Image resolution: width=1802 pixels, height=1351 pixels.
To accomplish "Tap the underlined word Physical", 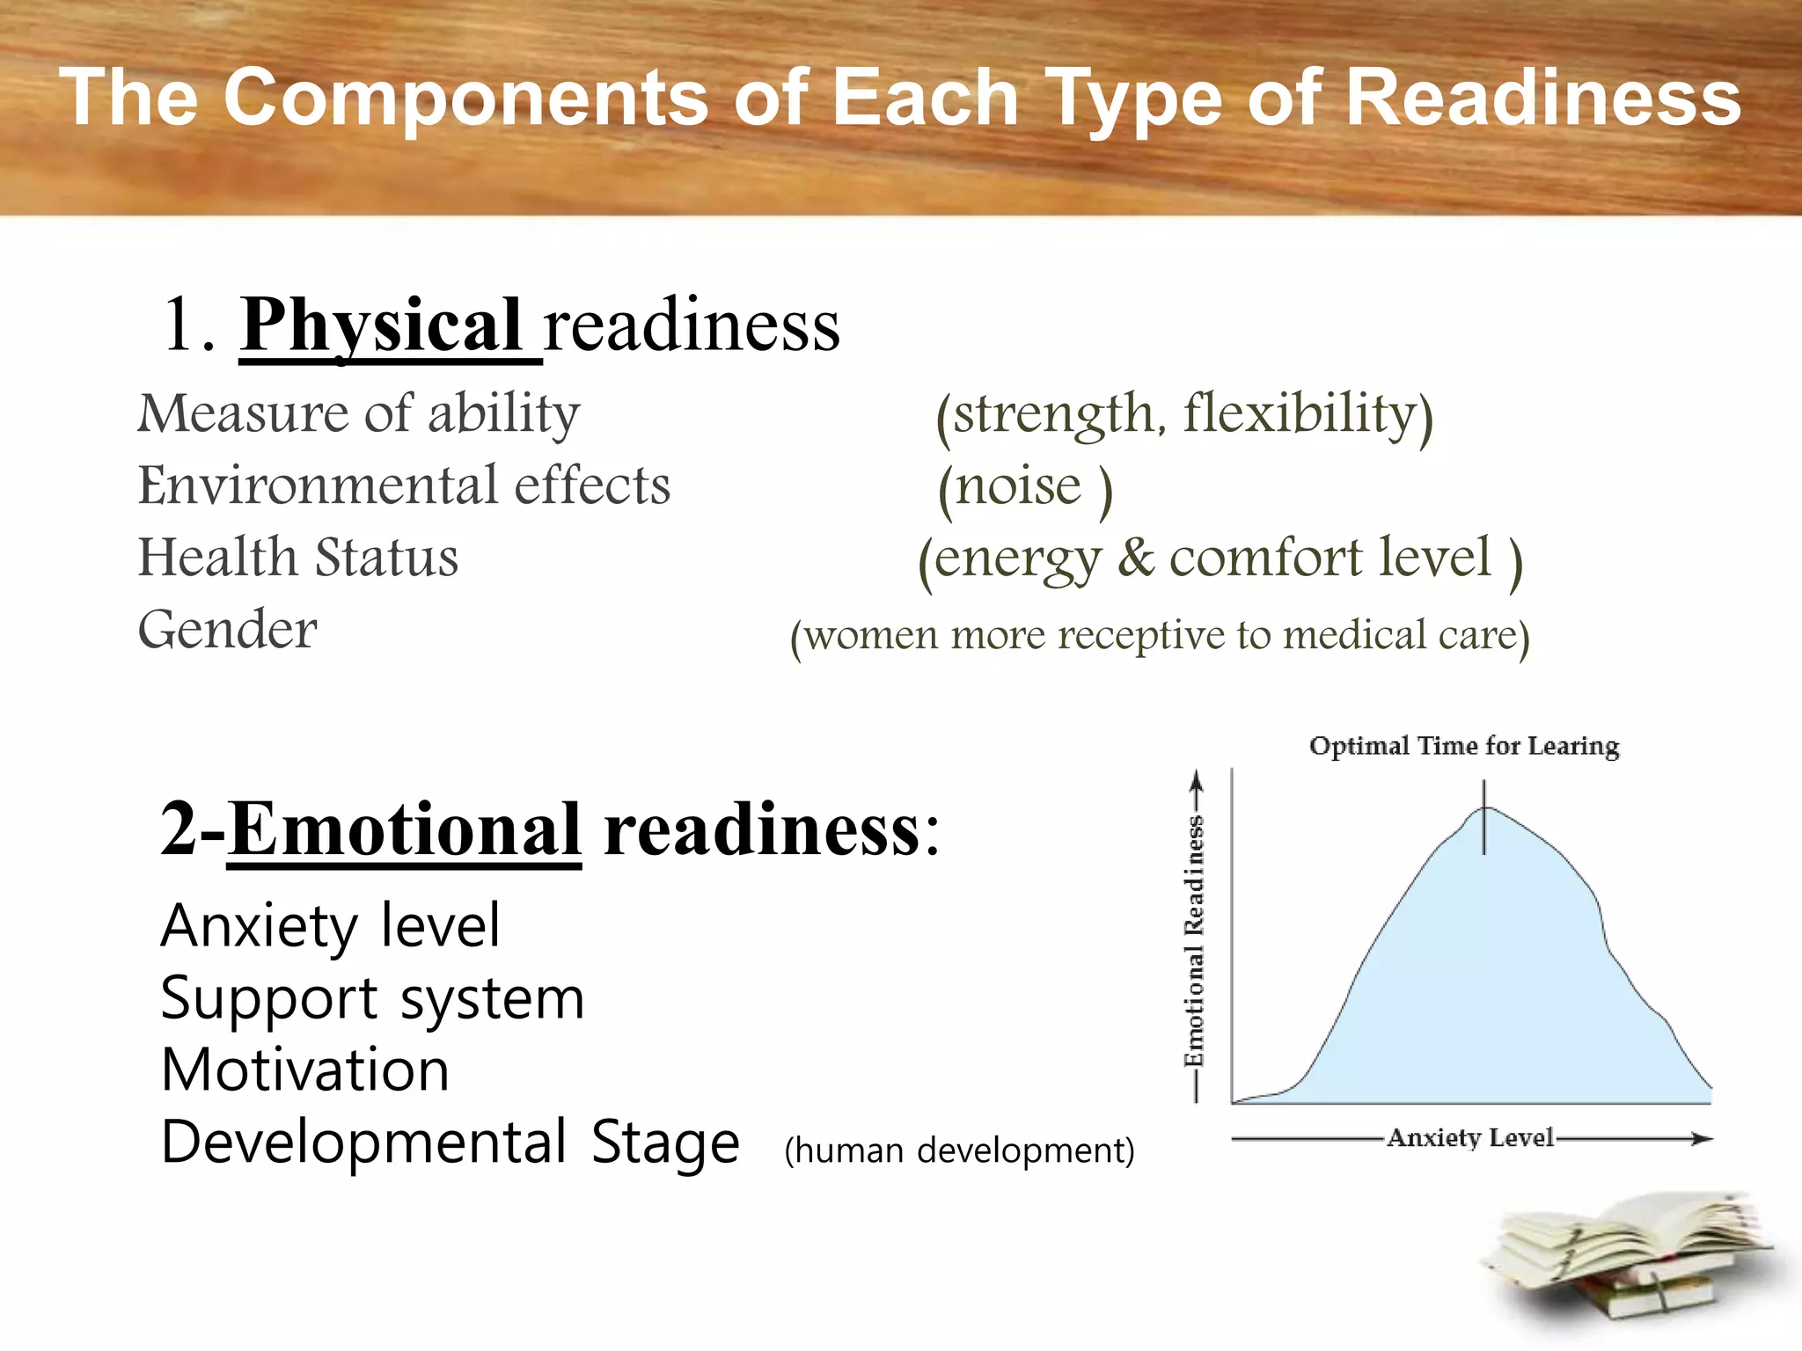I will (x=383, y=325).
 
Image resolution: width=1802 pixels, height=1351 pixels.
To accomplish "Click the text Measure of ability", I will (x=359, y=413).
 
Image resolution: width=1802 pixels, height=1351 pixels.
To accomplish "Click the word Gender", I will (x=227, y=630).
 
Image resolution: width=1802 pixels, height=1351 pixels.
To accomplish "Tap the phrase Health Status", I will (x=298, y=558).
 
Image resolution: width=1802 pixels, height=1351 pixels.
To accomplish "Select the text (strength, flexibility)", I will (x=1183, y=414).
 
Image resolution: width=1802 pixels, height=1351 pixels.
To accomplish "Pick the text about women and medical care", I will (x=1160, y=635).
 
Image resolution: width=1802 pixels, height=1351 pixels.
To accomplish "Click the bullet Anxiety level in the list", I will (x=330, y=926).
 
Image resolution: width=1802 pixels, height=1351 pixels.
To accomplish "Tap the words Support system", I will (x=372, y=999).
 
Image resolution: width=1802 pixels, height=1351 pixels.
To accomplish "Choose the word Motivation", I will (x=305, y=1070).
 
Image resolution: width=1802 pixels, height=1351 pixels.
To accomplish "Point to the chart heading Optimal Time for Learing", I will (x=1464, y=746).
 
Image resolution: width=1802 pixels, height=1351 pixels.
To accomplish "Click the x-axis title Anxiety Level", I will (x=1470, y=1138).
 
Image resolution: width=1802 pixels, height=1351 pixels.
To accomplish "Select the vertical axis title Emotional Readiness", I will (x=1194, y=941).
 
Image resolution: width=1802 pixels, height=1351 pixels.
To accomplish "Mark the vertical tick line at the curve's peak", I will (x=1484, y=818).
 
